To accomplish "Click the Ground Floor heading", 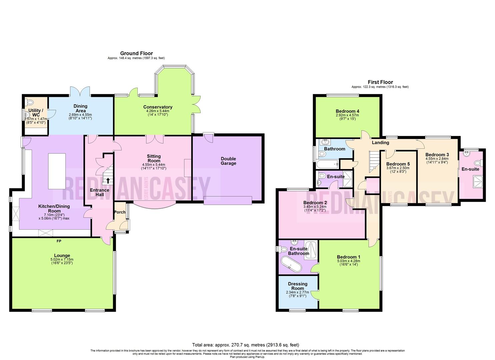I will tap(136, 53).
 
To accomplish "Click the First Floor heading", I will tap(380, 82).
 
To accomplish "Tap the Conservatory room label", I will tap(158, 107).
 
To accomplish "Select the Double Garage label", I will tap(228, 161).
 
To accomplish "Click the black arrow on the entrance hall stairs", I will tap(108, 181).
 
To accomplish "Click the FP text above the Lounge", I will tap(59, 241).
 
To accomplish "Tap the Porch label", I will tap(120, 212).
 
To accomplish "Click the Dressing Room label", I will tap(298, 286).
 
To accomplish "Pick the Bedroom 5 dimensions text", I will tap(398, 170).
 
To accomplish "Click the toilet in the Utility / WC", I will tap(30, 102).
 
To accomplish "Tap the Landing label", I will tap(380, 143).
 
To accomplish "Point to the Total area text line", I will tap(245, 345).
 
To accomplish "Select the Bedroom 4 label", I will tap(347, 111).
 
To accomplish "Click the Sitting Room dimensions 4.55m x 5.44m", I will tap(154, 165).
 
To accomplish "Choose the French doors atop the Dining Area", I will tap(80, 91).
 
